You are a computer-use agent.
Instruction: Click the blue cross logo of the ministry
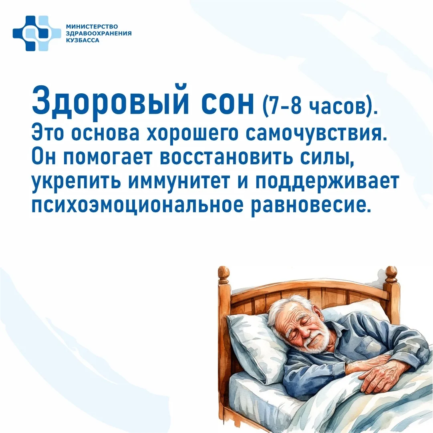coord(37,33)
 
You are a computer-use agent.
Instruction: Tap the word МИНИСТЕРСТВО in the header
coord(92,26)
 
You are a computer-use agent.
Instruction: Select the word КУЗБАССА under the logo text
coord(83,40)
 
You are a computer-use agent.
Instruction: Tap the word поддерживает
coord(327,182)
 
